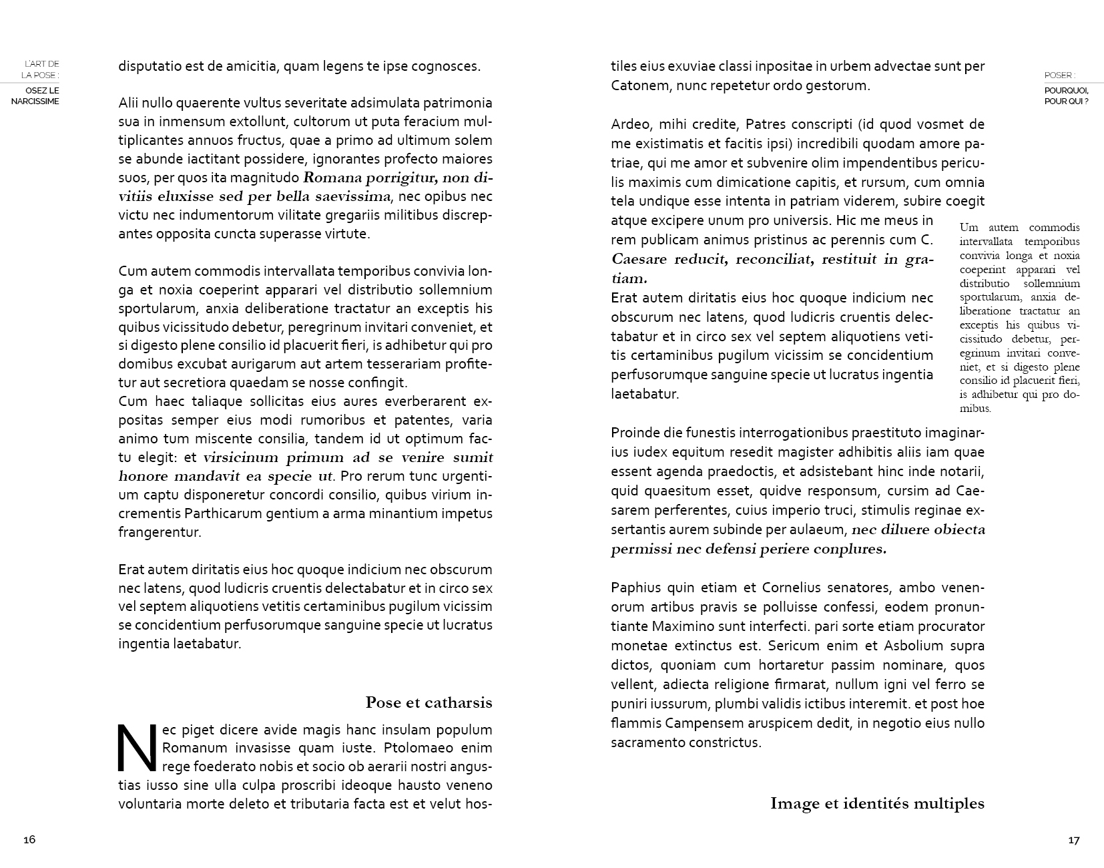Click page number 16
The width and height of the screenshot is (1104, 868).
pos(29,839)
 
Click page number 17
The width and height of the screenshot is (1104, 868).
pos(1073,840)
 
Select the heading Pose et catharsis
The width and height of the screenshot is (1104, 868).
pos(429,702)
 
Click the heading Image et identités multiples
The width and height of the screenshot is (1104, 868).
pos(877,803)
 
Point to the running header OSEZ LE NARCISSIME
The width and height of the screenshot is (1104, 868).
pos(35,95)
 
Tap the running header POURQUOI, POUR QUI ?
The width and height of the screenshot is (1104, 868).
pos(1067,95)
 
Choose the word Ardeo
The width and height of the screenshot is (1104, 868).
pos(631,124)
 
